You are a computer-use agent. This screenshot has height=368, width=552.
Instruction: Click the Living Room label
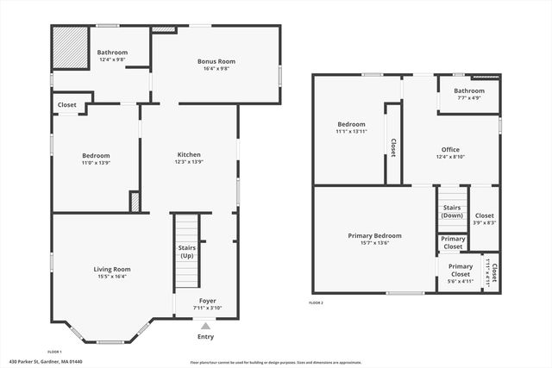[112, 270]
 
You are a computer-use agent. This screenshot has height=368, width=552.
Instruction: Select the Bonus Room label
[216, 61]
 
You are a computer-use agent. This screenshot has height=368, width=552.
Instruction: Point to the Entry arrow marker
[205, 326]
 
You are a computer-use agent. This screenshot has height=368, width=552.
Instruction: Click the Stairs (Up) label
[186, 252]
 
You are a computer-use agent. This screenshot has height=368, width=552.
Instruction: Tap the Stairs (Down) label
[452, 211]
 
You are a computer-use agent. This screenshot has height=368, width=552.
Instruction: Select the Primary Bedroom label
[374, 235]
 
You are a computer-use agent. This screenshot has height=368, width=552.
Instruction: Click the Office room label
[450, 149]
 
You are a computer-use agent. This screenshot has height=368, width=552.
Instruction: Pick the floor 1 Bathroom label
[112, 53]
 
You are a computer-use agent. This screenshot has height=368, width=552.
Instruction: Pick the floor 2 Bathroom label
[469, 90]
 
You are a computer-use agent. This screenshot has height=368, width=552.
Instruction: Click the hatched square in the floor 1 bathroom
[71, 48]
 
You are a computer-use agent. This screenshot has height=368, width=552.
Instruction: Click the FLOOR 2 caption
[316, 303]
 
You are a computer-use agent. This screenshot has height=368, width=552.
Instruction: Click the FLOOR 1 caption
[53, 352]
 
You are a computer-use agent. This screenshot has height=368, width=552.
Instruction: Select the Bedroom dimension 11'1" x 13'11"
[351, 131]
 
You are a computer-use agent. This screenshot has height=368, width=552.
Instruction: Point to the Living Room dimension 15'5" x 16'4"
[112, 277]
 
